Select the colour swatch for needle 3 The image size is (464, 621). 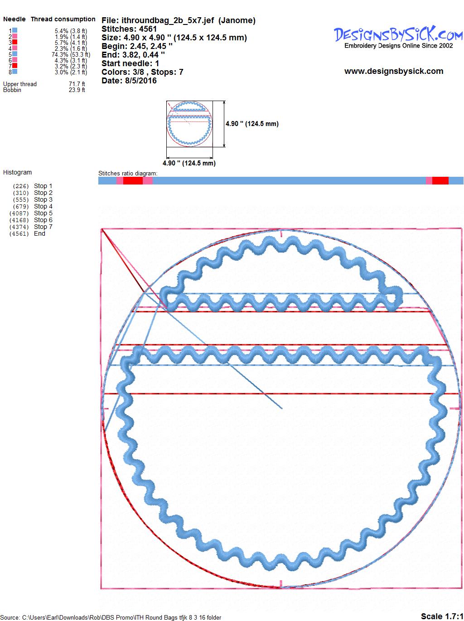[14, 42]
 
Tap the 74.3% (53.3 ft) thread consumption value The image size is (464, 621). [71, 54]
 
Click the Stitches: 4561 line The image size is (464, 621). [129, 29]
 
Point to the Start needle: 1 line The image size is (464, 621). [130, 63]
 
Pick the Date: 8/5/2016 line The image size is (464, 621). [129, 81]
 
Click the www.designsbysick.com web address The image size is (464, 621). [394, 71]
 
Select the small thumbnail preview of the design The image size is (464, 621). [189, 124]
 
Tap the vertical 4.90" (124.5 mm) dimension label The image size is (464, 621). [252, 124]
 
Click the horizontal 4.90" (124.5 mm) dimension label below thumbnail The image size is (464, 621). [189, 163]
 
